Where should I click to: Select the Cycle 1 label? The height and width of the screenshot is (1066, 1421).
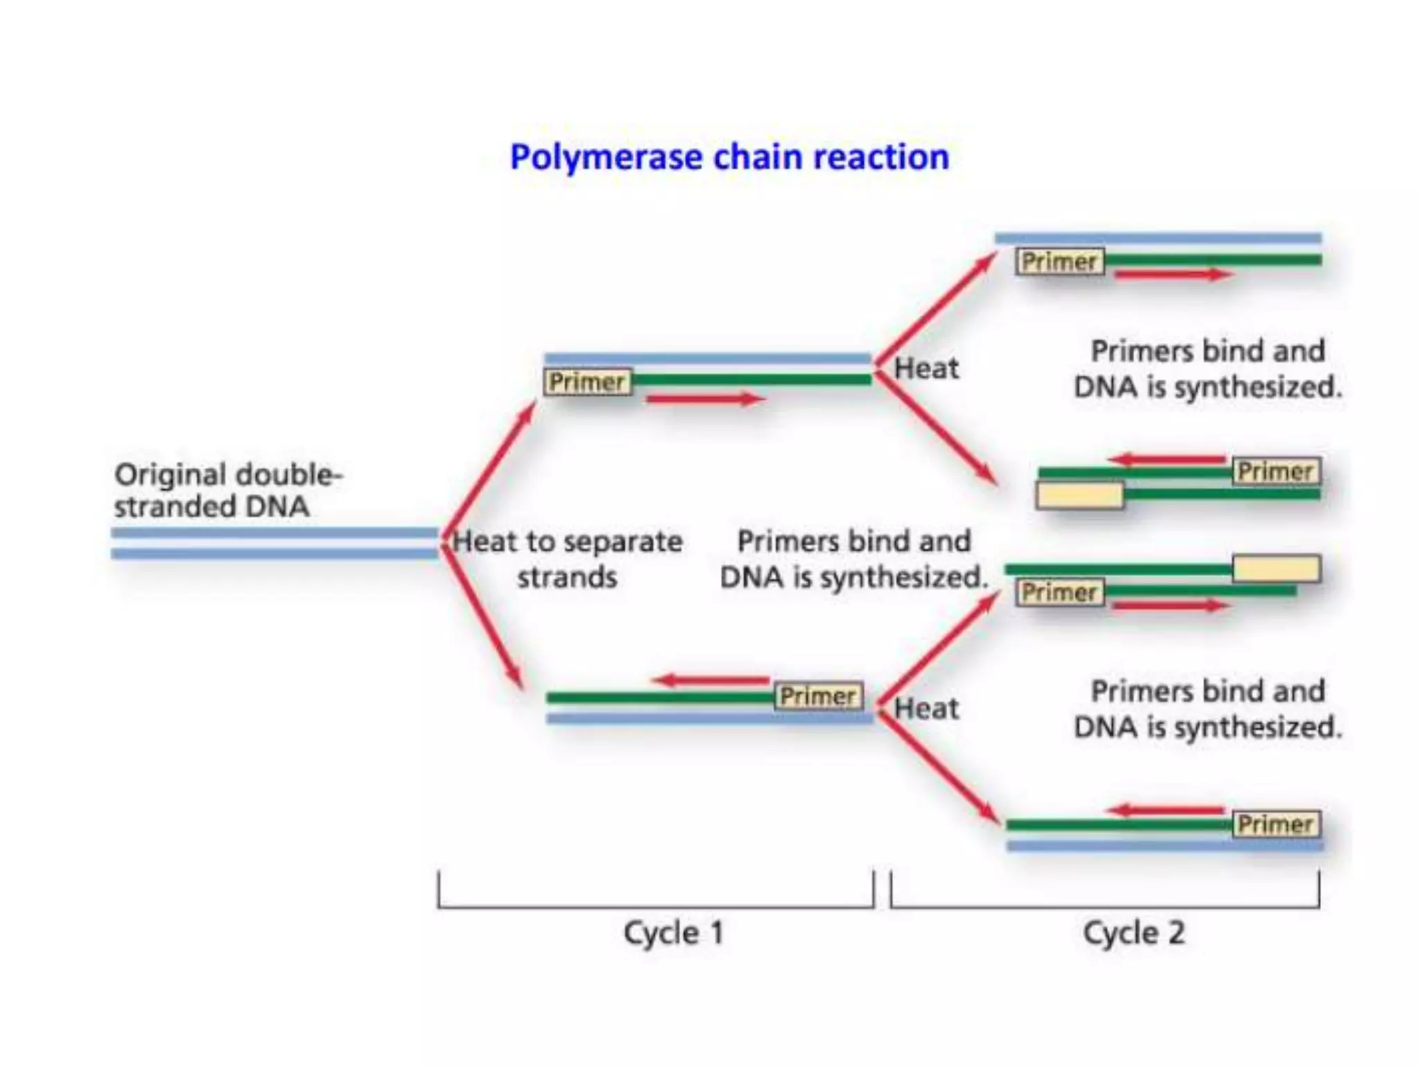(x=673, y=932)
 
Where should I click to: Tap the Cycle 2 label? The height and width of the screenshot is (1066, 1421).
(x=1134, y=932)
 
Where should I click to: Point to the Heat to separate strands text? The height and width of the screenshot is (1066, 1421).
(x=568, y=559)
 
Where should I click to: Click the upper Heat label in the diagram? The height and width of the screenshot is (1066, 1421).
(x=926, y=369)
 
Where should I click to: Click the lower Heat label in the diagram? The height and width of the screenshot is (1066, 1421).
(x=926, y=709)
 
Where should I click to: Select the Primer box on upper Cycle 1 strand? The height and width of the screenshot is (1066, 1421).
(x=587, y=382)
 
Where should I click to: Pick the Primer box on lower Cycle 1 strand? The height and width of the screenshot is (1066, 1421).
(x=818, y=696)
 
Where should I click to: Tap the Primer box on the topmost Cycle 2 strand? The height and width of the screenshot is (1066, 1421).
(x=1060, y=262)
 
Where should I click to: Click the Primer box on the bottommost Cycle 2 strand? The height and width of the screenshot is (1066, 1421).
(x=1275, y=824)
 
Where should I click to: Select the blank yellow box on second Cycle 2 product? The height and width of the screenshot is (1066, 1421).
(x=1079, y=496)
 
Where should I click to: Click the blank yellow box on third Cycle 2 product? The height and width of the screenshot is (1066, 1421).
(x=1275, y=568)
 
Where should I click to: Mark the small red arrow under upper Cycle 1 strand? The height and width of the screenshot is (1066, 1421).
(x=704, y=399)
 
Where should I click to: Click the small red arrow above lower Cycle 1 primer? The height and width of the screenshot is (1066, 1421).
(x=711, y=680)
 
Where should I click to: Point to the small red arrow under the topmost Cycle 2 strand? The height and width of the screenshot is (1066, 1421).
(x=1173, y=275)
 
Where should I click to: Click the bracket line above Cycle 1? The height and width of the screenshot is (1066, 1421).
(x=656, y=906)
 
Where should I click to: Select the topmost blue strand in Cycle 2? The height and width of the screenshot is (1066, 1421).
(x=1157, y=239)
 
